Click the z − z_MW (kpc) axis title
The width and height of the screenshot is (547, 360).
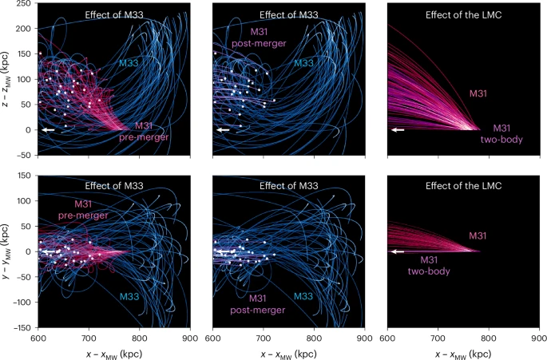point(7,77)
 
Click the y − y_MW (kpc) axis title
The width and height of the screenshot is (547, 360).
point(7,251)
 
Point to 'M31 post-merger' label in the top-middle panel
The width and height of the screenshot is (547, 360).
point(253,37)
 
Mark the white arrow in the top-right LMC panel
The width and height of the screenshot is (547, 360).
point(397,129)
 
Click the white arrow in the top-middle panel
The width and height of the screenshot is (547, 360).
point(223,129)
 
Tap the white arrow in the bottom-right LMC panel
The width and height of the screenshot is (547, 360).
point(397,251)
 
